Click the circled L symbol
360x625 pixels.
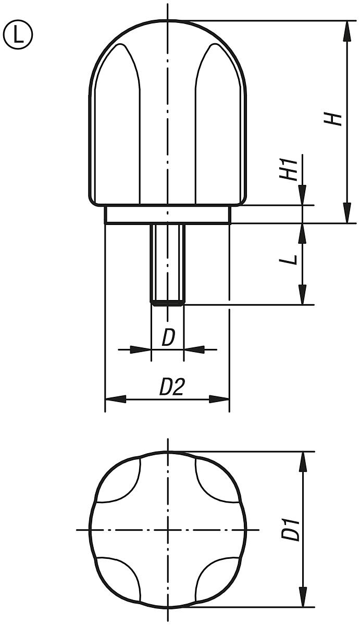(18, 34)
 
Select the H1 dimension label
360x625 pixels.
(290, 168)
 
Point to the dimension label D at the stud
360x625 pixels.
(168, 338)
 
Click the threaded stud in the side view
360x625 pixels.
(167, 263)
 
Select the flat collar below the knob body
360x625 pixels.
(167, 215)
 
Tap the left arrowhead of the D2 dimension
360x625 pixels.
(116, 399)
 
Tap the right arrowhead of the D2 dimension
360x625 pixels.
(219, 399)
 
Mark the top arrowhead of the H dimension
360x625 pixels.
(345, 31)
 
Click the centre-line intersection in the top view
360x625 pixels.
(167, 530)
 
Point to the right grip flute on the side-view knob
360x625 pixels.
(216, 125)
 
